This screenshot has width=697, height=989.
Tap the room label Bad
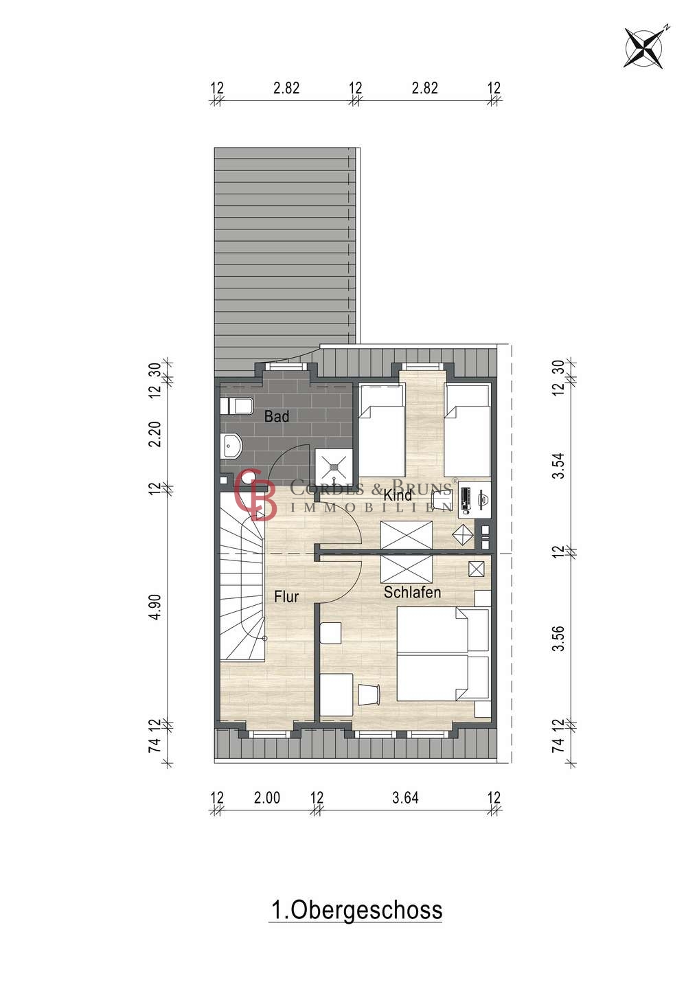277,416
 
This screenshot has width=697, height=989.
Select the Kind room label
398,495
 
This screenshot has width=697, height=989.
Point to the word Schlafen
412,592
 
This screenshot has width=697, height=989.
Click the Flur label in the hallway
286,597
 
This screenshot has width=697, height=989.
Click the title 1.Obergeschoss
356,910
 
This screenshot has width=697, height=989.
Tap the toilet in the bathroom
236,406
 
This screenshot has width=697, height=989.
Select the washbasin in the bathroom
231,446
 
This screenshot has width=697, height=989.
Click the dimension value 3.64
405,798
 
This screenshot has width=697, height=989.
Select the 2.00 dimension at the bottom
267,798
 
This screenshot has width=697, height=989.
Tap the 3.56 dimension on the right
559,639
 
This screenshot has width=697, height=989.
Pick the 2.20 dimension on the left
155,435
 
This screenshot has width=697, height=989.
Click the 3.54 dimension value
559,466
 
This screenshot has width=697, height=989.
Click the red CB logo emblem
255,494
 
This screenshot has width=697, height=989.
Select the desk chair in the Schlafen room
369,695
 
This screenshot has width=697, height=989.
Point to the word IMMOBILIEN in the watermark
372,508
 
